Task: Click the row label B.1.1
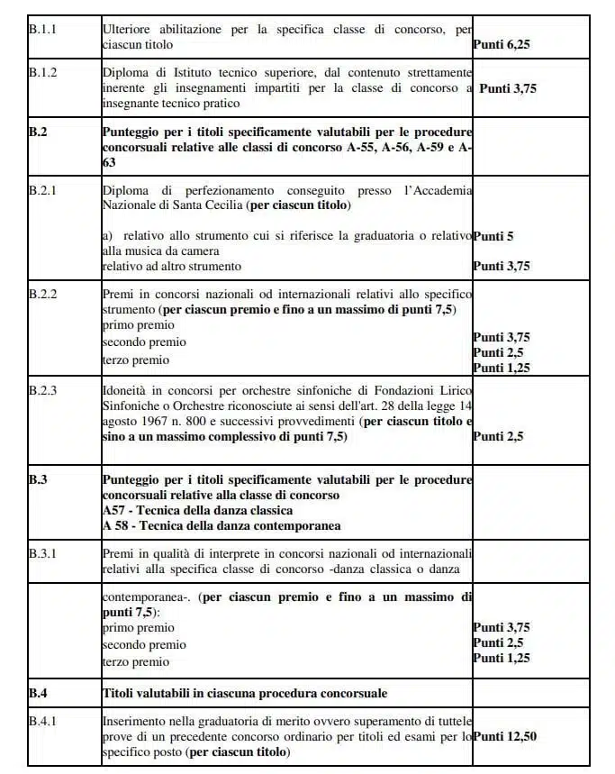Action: click(x=43, y=29)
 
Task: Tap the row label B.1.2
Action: click(x=43, y=72)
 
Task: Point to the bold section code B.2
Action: click(x=38, y=132)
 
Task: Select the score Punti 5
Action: click(x=493, y=236)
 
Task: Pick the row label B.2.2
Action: click(x=43, y=295)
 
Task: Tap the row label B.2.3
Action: click(x=43, y=390)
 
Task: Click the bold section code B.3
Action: click(x=38, y=479)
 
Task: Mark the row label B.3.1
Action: click(x=43, y=552)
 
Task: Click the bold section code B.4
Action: click(x=38, y=693)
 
